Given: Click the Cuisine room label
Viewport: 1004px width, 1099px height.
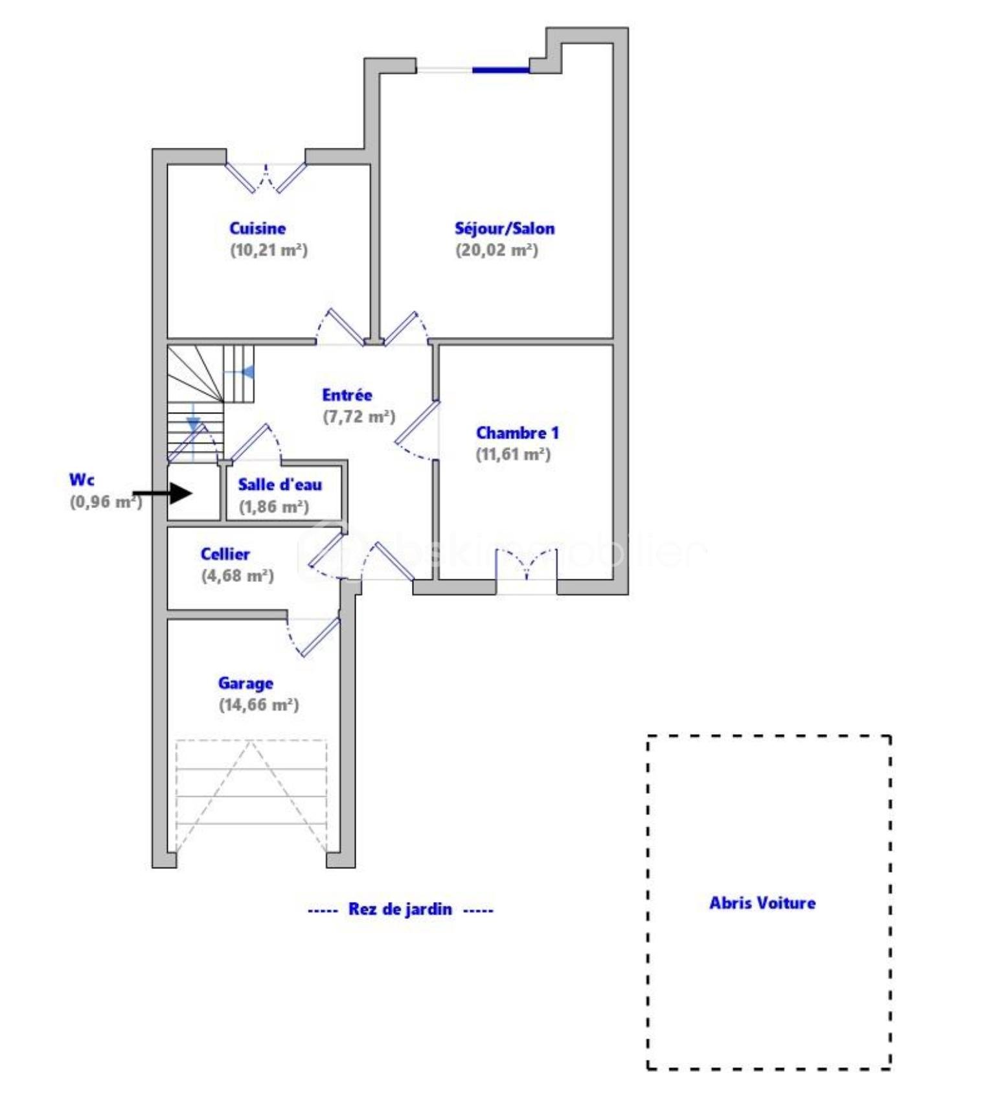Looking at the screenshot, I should click(257, 228).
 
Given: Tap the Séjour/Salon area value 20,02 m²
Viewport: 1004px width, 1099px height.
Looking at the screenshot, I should click(496, 250).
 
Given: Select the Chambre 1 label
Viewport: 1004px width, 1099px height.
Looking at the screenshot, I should click(517, 433).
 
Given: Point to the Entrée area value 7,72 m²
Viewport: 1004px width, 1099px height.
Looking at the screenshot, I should click(359, 417).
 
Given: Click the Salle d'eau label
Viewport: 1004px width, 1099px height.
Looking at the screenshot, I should click(279, 485).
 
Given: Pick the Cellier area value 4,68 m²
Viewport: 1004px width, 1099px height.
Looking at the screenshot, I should click(237, 575).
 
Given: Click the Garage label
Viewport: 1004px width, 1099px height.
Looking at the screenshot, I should click(245, 683).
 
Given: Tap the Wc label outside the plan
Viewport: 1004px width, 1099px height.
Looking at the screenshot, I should click(82, 480).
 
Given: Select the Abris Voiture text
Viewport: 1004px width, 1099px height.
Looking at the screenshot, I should click(762, 903).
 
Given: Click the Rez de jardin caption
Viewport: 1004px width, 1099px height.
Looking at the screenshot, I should click(400, 909).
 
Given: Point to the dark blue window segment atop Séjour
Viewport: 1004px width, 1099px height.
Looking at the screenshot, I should click(500, 70).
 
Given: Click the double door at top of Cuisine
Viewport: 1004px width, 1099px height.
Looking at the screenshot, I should click(266, 177).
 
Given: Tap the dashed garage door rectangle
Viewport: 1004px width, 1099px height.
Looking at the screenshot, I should click(251, 796).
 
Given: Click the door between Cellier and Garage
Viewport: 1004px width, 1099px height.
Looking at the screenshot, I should click(315, 636).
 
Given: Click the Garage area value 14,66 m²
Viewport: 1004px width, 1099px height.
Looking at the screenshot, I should click(258, 705).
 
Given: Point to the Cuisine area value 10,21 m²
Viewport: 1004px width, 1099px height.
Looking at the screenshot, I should click(268, 250).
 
